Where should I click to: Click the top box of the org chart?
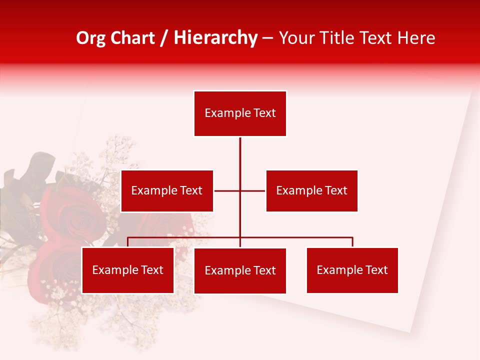pyautogui.click(x=240, y=113)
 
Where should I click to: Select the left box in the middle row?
pyautogui.click(x=167, y=190)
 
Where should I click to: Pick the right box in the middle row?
pyautogui.click(x=311, y=190)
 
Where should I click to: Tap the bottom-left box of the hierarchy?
pyautogui.click(x=127, y=270)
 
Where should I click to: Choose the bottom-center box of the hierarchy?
pyautogui.click(x=240, y=270)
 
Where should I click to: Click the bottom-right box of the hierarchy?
pyautogui.click(x=352, y=270)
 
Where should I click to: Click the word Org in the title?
pyautogui.click(x=90, y=38)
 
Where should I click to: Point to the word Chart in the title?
pyautogui.click(x=132, y=38)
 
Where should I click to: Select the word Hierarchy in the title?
pyautogui.click(x=215, y=38)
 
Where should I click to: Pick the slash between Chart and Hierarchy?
pyautogui.click(x=164, y=38)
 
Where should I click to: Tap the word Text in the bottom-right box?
pyautogui.click(x=376, y=270)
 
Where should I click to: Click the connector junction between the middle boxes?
pyautogui.click(x=240, y=190)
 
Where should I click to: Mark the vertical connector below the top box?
pyautogui.click(x=240, y=155)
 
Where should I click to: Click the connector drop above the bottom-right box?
pyautogui.click(x=352, y=242)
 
